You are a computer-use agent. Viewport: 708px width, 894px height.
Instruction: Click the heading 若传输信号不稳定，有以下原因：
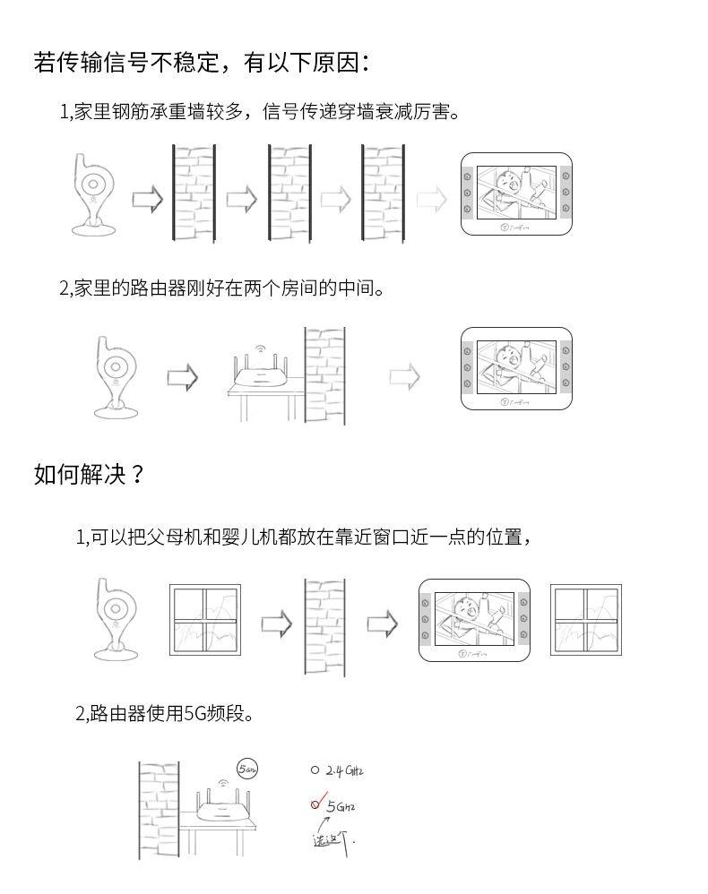coord(202,62)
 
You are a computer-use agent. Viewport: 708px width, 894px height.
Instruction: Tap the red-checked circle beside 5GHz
coord(315,804)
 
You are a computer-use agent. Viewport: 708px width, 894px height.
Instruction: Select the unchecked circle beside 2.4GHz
coord(315,769)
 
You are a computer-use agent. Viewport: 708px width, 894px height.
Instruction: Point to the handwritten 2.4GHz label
coord(345,770)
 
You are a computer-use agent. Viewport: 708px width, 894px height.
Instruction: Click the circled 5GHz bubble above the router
coord(247,768)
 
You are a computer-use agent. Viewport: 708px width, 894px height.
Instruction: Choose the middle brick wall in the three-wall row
coord(289,193)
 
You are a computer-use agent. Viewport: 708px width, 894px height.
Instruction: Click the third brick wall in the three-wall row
coord(383,193)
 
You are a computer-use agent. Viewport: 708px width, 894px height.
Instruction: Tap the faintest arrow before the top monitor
coord(432,199)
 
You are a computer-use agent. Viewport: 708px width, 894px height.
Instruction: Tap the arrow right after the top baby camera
coord(148,199)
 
